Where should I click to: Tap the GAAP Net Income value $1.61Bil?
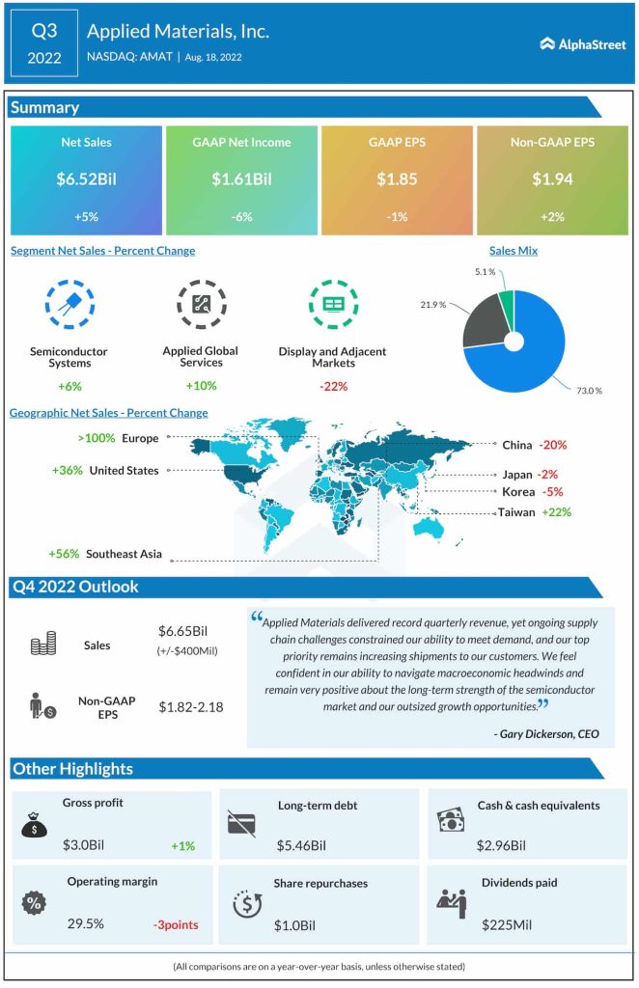pos(241,178)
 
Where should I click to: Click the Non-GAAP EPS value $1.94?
pos(552,178)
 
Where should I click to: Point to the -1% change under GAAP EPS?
pos(397,217)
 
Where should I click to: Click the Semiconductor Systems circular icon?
pos(69,303)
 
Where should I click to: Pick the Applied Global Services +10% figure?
pos(201,386)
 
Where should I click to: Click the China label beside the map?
pos(517,445)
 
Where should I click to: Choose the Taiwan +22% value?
pos(555,512)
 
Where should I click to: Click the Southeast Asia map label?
pos(124,554)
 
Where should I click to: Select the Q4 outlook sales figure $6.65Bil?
pos(183,631)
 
